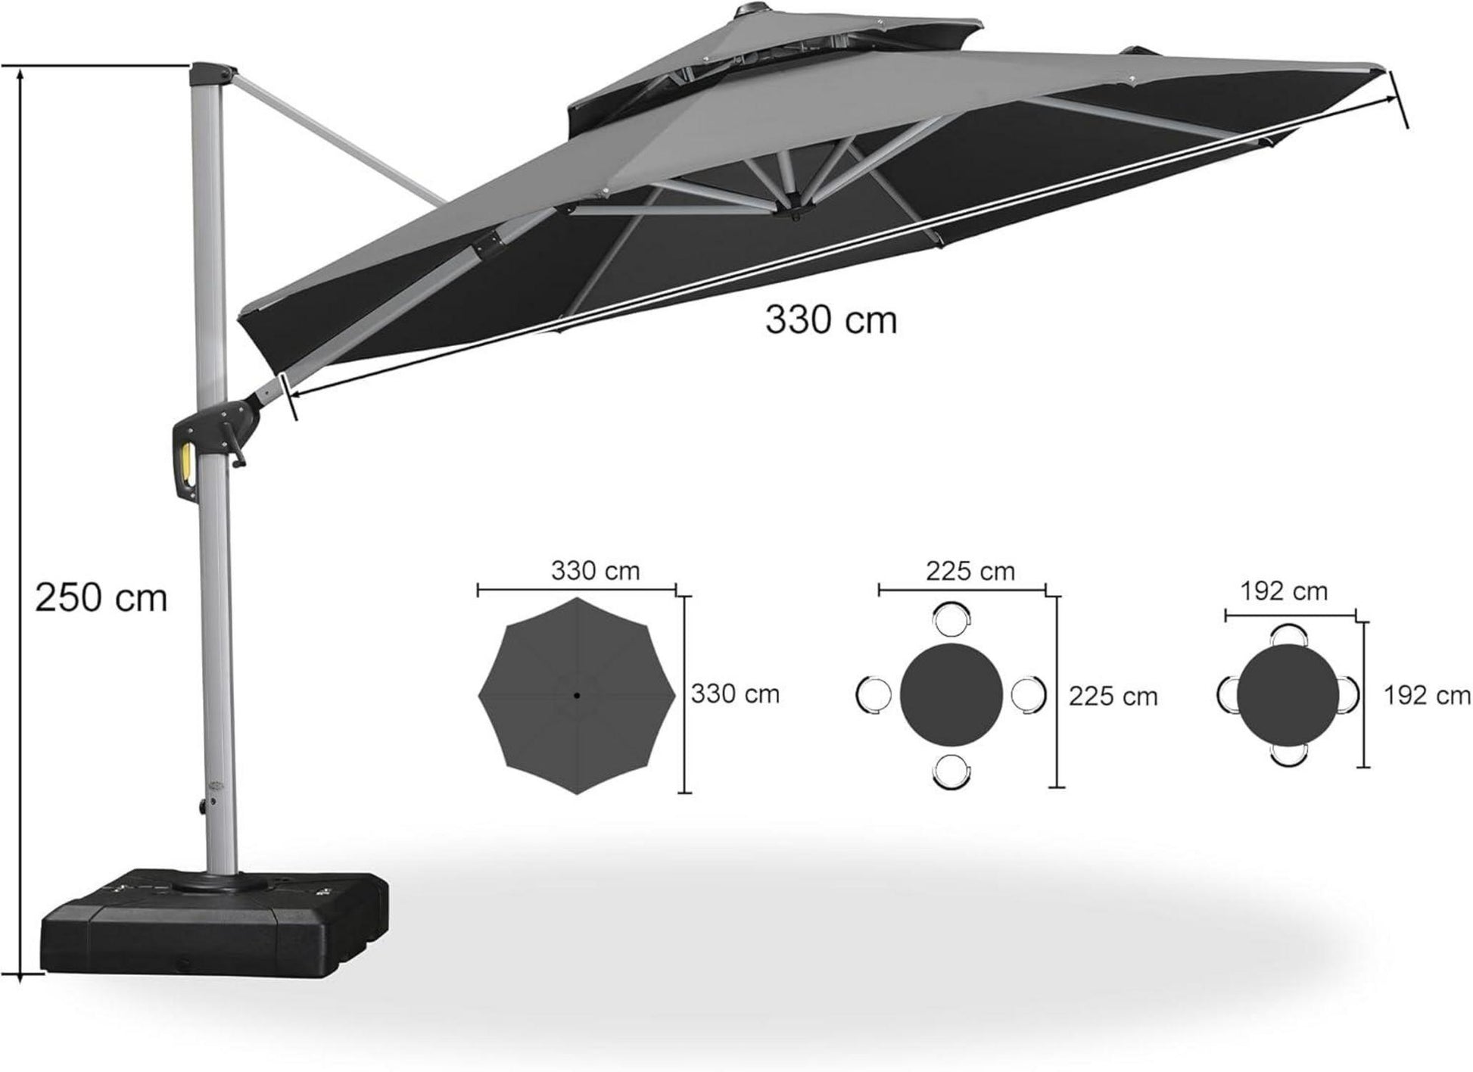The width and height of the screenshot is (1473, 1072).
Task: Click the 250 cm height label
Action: (101, 598)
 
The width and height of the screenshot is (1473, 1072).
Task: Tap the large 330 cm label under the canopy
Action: (830, 319)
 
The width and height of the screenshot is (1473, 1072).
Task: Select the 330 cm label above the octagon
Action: (595, 570)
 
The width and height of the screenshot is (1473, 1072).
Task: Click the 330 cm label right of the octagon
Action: (735, 693)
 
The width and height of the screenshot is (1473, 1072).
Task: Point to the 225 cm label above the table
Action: (970, 571)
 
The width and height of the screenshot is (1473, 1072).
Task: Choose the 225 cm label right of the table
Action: (1113, 696)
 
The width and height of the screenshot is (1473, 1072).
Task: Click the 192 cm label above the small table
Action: (1285, 591)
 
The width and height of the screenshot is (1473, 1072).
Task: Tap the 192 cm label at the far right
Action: (1428, 694)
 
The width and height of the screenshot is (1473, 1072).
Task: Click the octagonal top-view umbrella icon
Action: (577, 695)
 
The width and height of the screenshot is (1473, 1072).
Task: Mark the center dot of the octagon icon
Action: (577, 695)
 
